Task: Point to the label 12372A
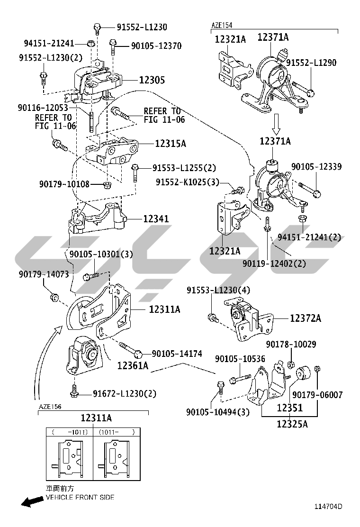point(305,318)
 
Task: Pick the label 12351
point(289,407)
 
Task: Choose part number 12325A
point(292,424)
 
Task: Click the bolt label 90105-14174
point(177,353)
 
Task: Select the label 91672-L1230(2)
point(124,393)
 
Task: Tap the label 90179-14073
point(44,274)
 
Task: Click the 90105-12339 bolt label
point(316,167)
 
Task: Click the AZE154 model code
point(222,25)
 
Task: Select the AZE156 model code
point(50,407)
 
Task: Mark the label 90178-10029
point(291,345)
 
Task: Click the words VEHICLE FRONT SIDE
point(80,498)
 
